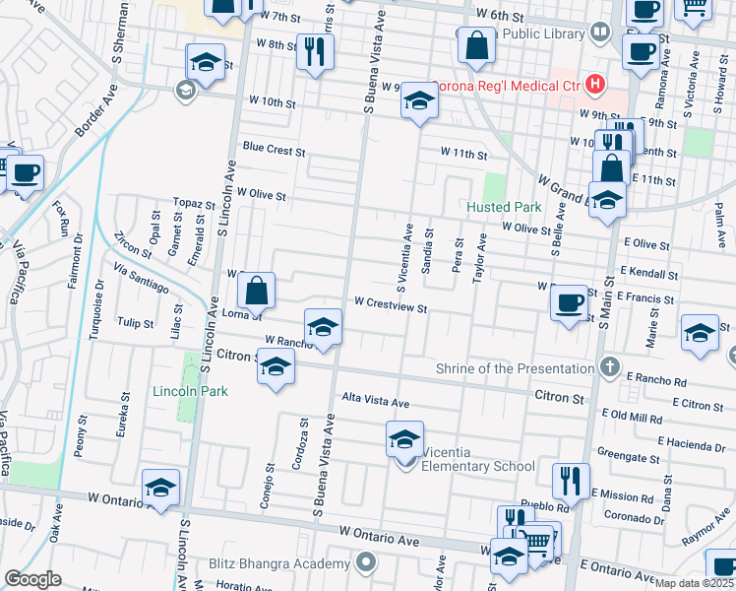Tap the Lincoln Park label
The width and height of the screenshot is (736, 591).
tap(190, 391)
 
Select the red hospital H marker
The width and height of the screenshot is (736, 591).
tap(593, 85)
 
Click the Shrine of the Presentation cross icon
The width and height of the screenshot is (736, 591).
tap(610, 368)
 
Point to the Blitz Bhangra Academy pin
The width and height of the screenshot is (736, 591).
tap(366, 563)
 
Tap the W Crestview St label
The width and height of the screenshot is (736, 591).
tap(390, 307)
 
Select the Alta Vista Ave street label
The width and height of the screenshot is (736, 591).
tap(374, 402)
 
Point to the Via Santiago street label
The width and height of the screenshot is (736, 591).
tap(141, 279)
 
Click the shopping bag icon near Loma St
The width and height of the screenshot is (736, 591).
tap(256, 291)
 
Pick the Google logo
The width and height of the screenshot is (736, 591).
tap(32, 579)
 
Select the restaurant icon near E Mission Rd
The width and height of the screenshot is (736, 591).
tap(570, 482)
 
